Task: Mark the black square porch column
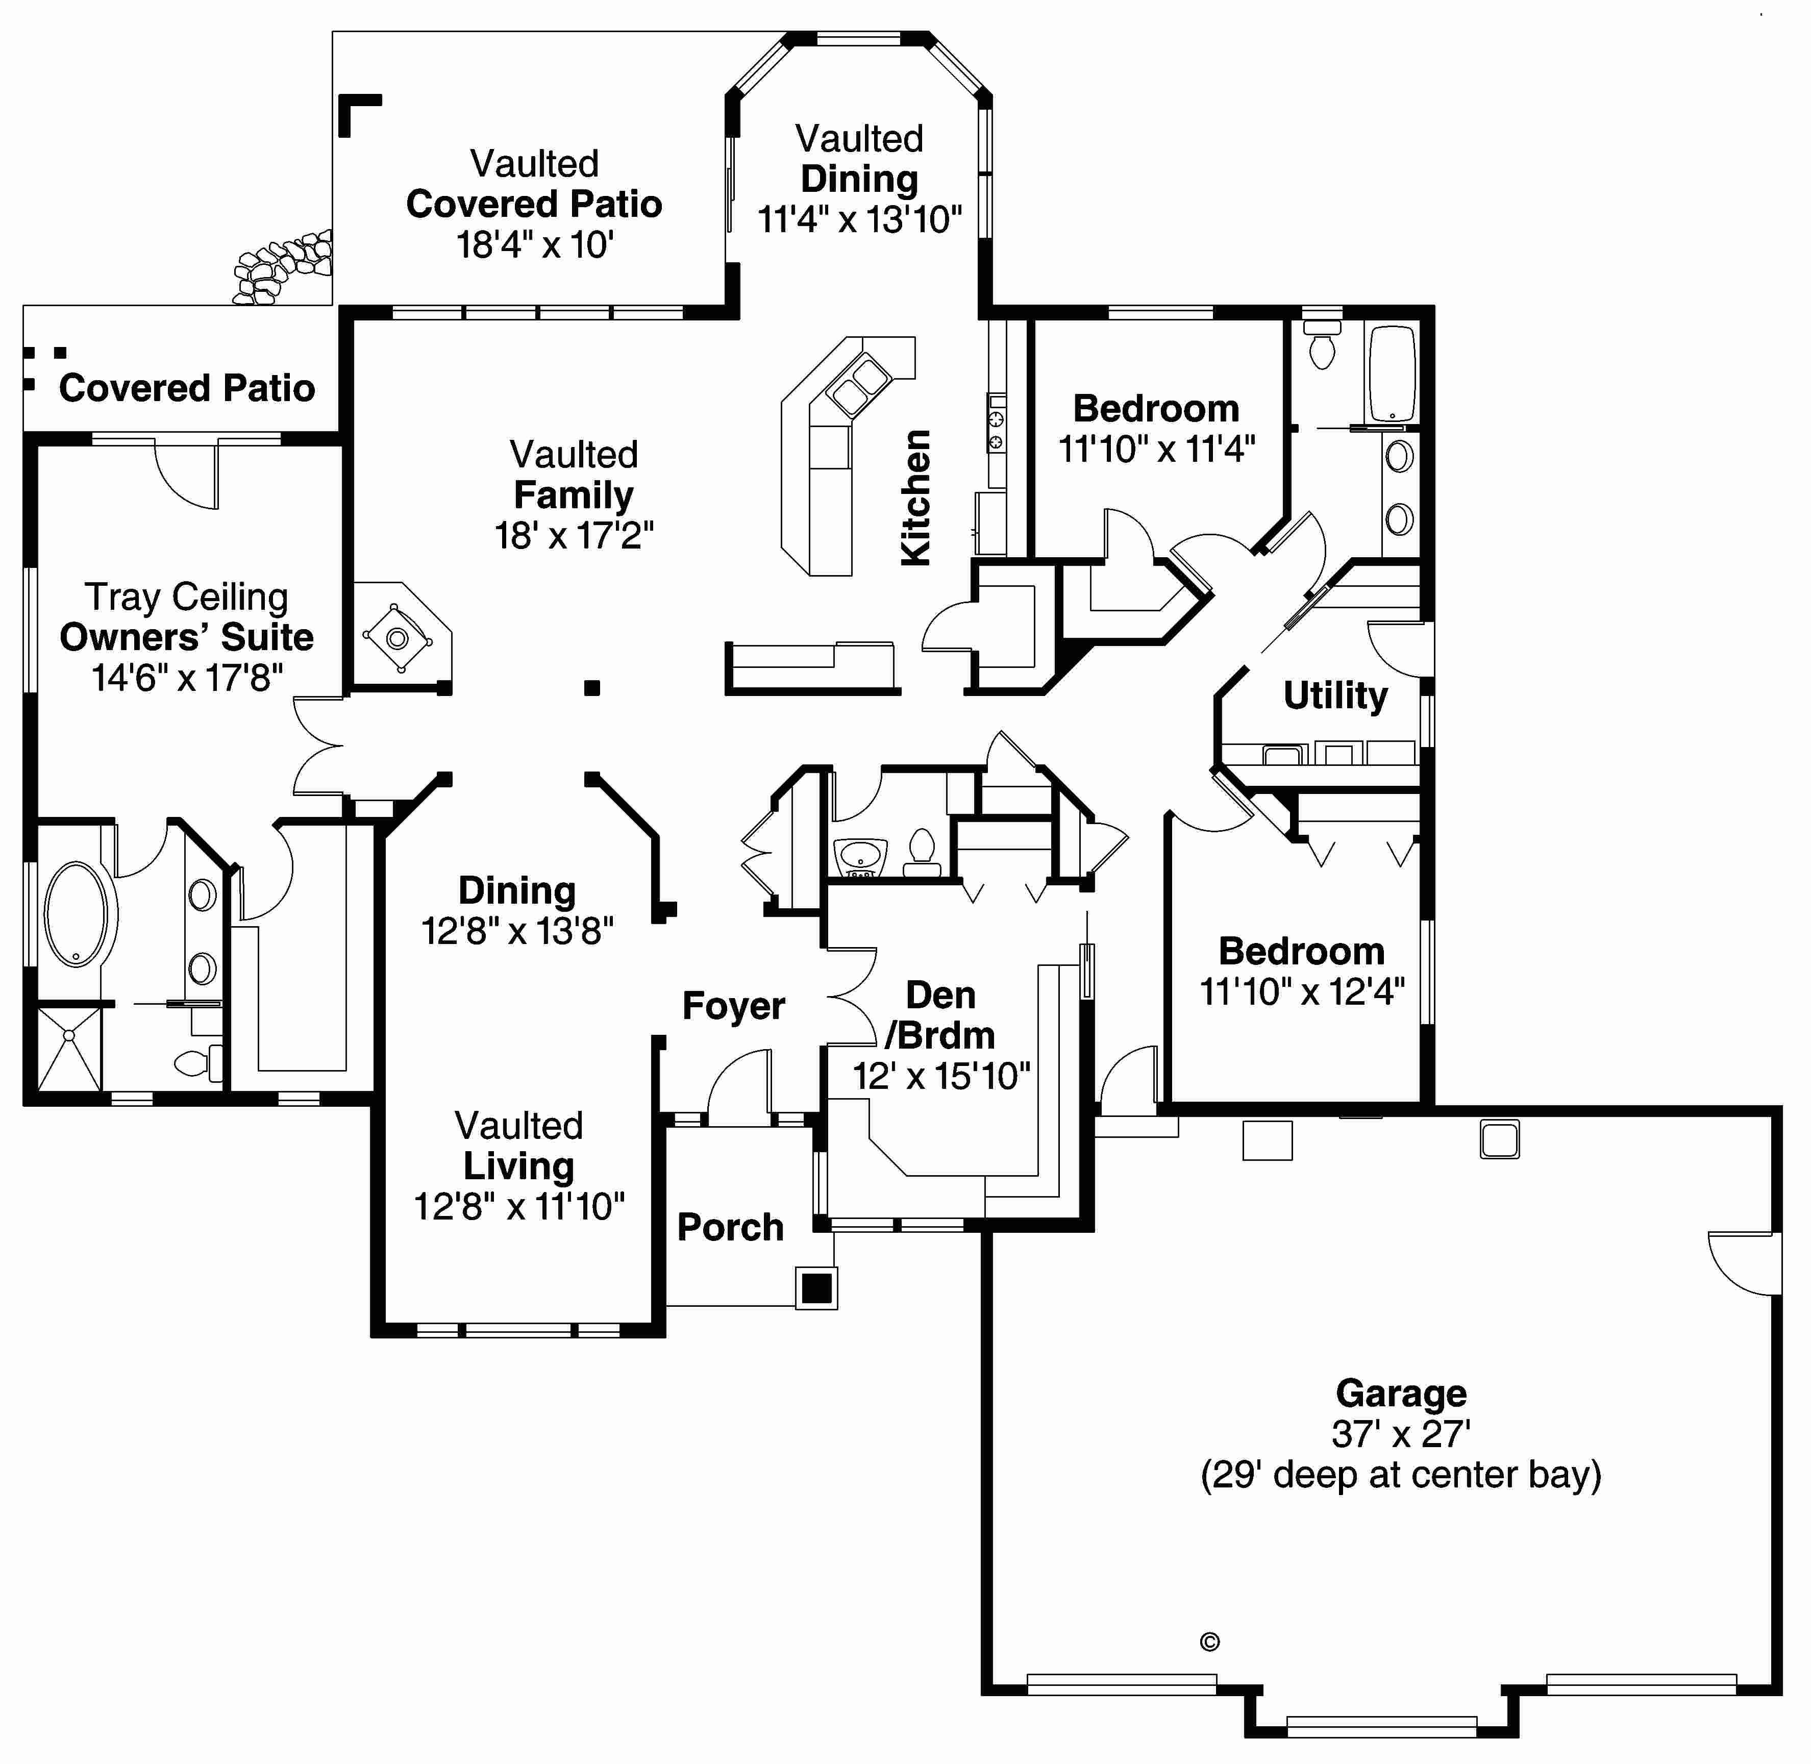point(816,1288)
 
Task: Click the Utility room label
point(1335,695)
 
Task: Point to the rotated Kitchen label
point(915,498)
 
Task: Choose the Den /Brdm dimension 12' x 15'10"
point(940,1077)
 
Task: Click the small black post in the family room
point(592,687)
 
